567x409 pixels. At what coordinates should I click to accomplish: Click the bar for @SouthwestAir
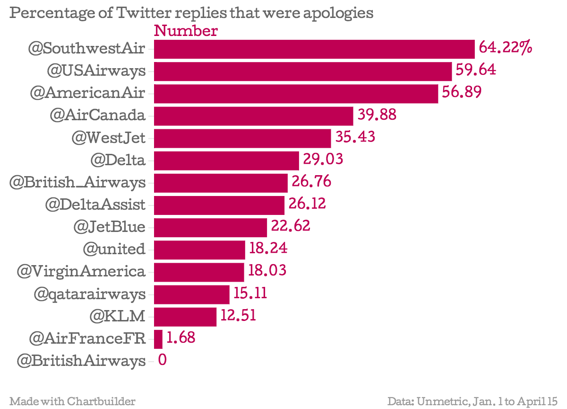(314, 49)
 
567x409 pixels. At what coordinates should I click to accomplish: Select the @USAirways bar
(303, 71)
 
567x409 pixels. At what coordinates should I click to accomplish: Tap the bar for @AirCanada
(254, 116)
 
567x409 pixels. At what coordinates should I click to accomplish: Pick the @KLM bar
(185, 316)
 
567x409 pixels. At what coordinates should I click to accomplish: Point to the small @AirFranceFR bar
(158, 339)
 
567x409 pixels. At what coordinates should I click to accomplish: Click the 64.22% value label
(505, 48)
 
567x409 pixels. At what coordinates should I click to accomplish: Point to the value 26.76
(311, 181)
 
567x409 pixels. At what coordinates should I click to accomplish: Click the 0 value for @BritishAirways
(162, 361)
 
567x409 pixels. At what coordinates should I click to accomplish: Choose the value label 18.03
(267, 271)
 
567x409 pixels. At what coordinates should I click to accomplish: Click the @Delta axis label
(118, 160)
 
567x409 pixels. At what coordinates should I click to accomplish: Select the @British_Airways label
(77, 182)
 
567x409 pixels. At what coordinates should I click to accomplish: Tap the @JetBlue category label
(109, 227)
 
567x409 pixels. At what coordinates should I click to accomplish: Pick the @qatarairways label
(89, 294)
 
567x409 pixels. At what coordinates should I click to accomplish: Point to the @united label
(113, 249)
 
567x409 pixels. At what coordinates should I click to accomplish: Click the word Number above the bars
(186, 31)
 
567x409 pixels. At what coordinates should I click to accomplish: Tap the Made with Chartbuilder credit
(72, 401)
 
